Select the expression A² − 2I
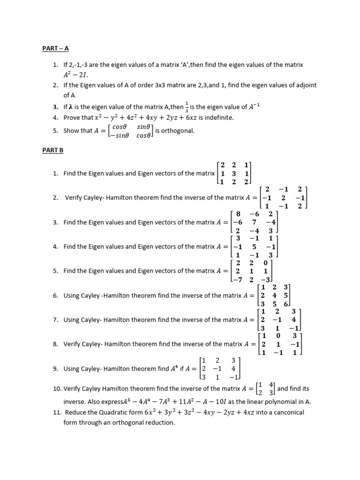coord(75,75)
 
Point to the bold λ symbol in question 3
coord(73,107)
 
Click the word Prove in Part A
coord(72,117)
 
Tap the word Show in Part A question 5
coord(71,131)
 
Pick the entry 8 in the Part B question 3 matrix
coord(238,214)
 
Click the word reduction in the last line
coord(160,422)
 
